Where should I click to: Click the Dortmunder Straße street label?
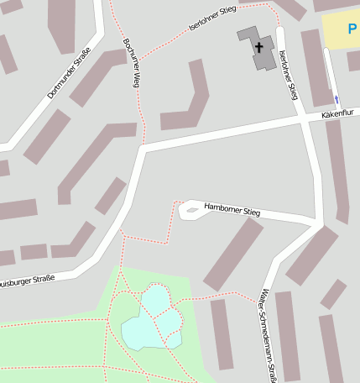tap(69, 73)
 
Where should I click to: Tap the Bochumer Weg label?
tap(130, 63)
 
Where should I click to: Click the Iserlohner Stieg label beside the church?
tap(288, 75)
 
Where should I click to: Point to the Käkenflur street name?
tap(337, 113)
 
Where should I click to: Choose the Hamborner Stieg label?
tap(232, 209)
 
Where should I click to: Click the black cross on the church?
tap(259, 47)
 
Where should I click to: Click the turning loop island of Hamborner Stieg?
tap(192, 210)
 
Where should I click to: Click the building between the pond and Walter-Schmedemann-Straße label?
tap(222, 333)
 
